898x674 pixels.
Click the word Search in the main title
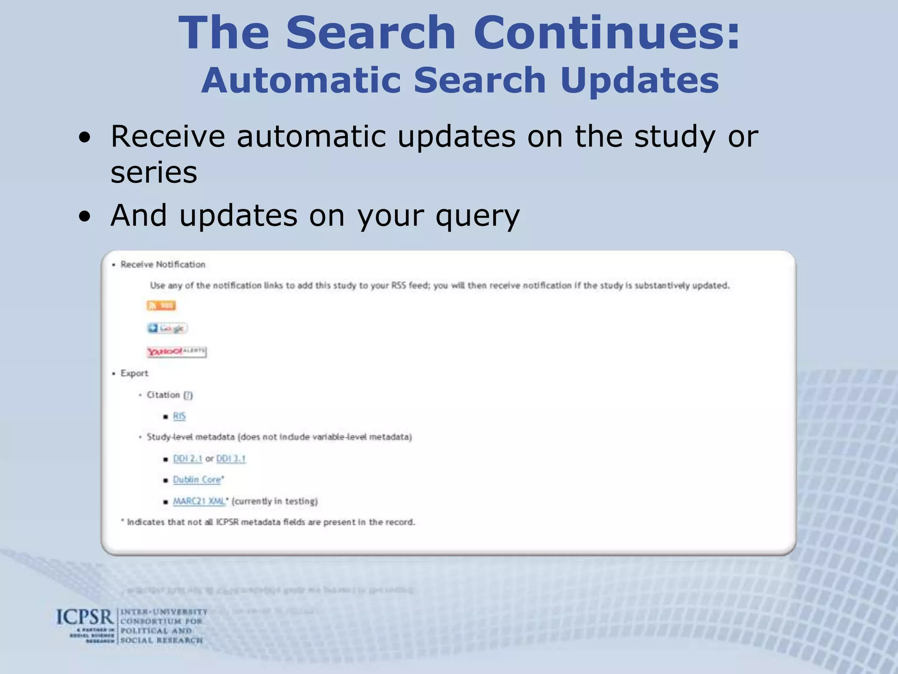click(x=371, y=33)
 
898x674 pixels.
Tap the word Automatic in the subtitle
click(x=301, y=80)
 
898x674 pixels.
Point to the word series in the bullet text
click(x=154, y=172)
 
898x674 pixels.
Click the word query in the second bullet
click(x=478, y=216)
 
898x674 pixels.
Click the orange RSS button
click(x=161, y=305)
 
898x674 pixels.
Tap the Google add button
click(x=167, y=328)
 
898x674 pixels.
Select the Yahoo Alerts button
click(x=176, y=351)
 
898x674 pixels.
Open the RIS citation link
click(x=179, y=416)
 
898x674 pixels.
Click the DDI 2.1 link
click(x=187, y=459)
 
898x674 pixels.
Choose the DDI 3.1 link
click(x=231, y=459)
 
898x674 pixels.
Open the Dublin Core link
click(x=197, y=480)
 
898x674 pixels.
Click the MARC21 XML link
click(x=199, y=501)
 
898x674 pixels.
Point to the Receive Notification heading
click(x=163, y=265)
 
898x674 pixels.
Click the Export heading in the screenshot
click(x=134, y=373)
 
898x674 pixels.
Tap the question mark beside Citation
click(x=188, y=395)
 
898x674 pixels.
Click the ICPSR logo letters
click(x=85, y=617)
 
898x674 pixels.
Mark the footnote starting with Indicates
click(x=270, y=522)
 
